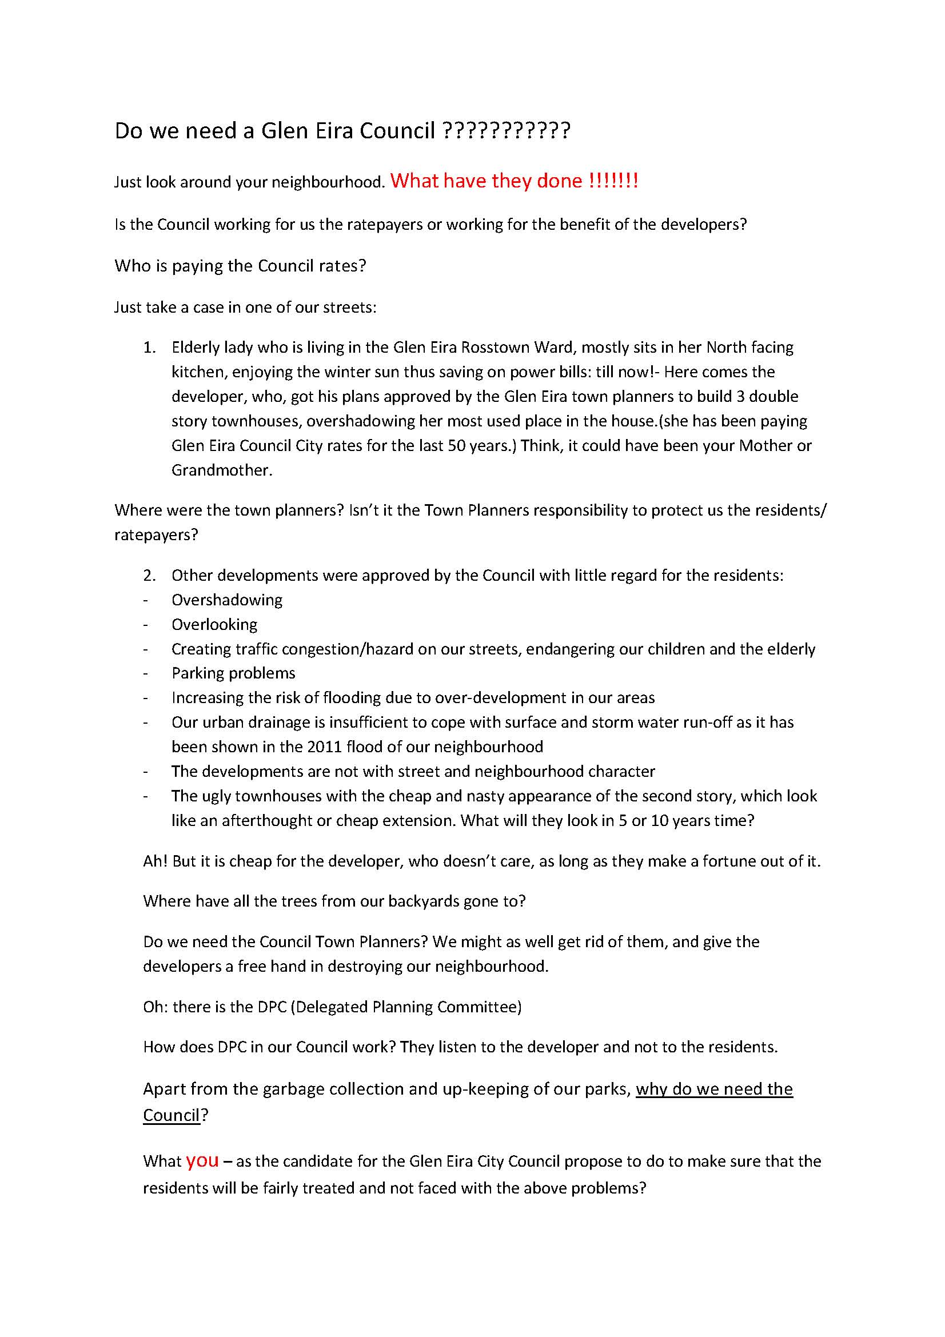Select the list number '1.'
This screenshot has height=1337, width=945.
pyautogui.click(x=150, y=348)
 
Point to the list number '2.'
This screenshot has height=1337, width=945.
pyautogui.click(x=150, y=576)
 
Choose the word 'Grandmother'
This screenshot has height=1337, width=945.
pyautogui.click(x=221, y=470)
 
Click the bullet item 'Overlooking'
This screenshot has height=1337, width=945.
pyautogui.click(x=214, y=624)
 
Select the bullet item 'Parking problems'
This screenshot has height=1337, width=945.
pyautogui.click(x=233, y=673)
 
